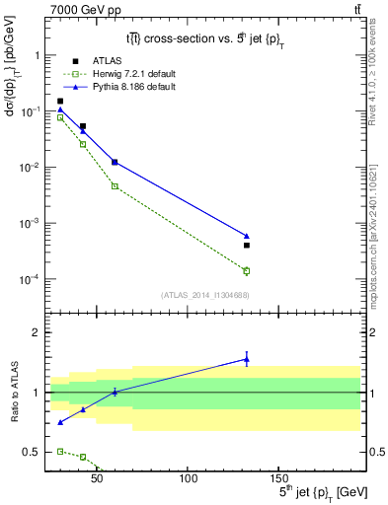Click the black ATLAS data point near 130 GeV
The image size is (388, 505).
[x=247, y=245]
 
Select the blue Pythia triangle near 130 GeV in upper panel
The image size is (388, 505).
[x=247, y=236]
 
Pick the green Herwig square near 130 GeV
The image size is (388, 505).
[x=247, y=270]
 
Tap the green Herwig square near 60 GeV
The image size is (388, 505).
[x=115, y=185]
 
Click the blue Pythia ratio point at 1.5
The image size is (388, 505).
[x=247, y=359]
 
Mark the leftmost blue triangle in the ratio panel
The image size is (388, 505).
[x=60, y=422]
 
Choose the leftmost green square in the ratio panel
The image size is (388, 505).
[x=60, y=451]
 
